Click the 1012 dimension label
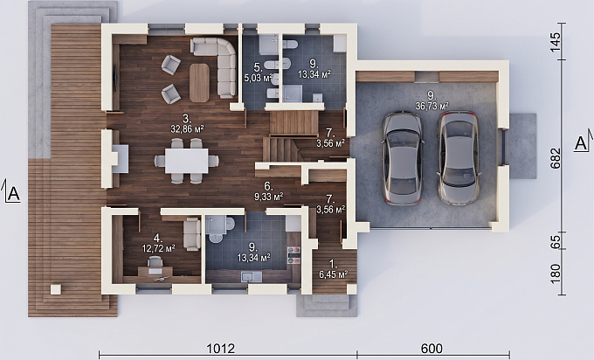point(221,349)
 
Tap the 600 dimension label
point(432,349)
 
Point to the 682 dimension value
point(555,158)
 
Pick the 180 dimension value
point(555,273)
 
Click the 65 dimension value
point(555,242)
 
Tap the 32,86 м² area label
point(187,129)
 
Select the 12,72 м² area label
point(158,248)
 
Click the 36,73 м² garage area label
point(432,106)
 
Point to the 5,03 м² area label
point(259,79)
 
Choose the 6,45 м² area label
point(334,274)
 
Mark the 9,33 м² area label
point(268,197)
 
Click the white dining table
point(186,161)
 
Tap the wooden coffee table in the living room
point(199,83)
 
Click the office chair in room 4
point(155,262)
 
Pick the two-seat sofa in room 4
point(192,234)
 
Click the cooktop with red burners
point(294,254)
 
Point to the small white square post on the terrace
point(56,289)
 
